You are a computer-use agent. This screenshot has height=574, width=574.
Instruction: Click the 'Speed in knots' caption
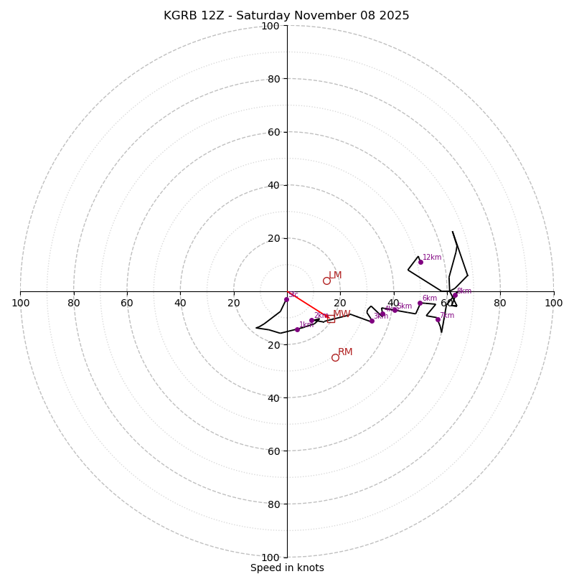(x=287, y=568)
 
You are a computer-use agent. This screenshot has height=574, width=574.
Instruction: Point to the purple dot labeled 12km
(x=420, y=262)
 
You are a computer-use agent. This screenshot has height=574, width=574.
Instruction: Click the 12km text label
(x=432, y=257)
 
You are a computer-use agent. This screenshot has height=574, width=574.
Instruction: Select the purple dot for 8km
(x=455, y=295)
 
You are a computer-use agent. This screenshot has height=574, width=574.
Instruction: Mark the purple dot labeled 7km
(x=438, y=319)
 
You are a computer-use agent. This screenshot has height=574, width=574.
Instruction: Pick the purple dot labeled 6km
(x=420, y=303)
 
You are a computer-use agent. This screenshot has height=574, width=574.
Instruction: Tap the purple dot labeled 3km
(x=372, y=321)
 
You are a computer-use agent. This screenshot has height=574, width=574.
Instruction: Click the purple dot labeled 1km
(x=297, y=329)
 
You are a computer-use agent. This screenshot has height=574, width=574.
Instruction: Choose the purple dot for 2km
(x=311, y=320)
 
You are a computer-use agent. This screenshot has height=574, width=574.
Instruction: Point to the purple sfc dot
(x=286, y=299)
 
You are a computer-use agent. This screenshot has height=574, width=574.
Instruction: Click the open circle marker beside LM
(x=326, y=281)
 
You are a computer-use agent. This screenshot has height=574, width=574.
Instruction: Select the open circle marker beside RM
(x=335, y=357)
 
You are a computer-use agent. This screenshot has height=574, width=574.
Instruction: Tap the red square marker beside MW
(x=331, y=319)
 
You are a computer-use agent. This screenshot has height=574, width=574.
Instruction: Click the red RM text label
(x=345, y=352)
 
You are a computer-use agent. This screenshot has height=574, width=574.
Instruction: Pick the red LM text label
(x=335, y=276)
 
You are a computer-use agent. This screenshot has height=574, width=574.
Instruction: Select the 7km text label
(x=447, y=315)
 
